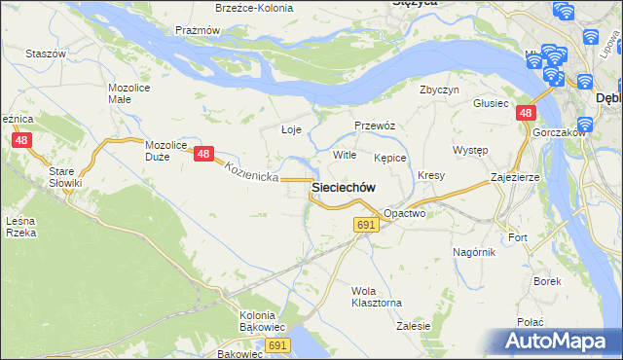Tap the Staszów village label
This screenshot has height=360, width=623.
(45, 54)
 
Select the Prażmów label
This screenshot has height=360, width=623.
(198, 30)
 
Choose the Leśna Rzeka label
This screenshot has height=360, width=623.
(20, 227)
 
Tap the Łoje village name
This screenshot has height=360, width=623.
(291, 130)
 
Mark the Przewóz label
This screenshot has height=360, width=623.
(374, 126)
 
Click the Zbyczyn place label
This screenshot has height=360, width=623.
(438, 90)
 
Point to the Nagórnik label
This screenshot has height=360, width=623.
(474, 252)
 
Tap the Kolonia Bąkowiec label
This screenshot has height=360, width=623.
(262, 320)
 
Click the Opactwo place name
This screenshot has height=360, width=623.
(405, 212)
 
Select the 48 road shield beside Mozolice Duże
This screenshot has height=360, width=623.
(203, 154)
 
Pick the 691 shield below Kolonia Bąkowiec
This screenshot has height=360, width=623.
(278, 345)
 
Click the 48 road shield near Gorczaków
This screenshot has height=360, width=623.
(525, 114)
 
